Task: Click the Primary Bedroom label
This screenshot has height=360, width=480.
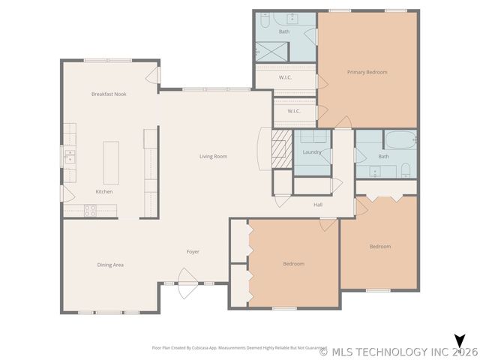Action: tap(367, 72)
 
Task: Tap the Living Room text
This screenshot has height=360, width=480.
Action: tap(213, 157)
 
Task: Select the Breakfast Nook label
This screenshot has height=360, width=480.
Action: tap(108, 94)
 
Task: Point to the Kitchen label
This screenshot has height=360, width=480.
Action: tap(104, 192)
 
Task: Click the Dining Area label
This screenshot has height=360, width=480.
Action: tap(110, 265)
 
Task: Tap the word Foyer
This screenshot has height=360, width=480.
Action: tap(193, 251)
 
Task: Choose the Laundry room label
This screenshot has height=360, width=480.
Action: tap(312, 152)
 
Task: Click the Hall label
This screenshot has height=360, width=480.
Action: tap(318, 204)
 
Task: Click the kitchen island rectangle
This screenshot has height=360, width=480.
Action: tap(112, 162)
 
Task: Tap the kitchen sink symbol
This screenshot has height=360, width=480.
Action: tap(69, 157)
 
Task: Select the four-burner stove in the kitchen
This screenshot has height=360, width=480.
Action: tap(90, 211)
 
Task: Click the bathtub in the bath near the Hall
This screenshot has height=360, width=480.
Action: tap(400, 139)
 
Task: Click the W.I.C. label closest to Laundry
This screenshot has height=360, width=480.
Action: tap(294, 111)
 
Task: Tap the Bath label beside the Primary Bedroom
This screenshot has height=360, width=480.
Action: tap(284, 31)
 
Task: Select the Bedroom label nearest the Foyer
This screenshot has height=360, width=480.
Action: tap(293, 263)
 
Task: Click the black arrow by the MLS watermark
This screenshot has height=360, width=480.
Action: tap(460, 341)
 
